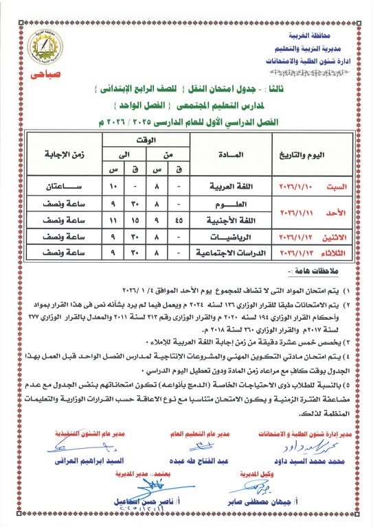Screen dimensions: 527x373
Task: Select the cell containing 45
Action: (179, 220)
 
